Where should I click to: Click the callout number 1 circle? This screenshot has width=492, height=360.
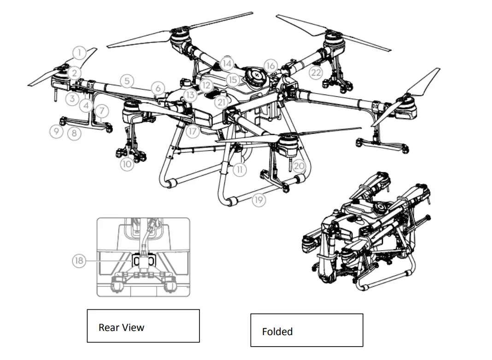pyautogui.click(x=80, y=53)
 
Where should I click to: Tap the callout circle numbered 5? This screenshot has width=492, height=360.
pyautogui.click(x=128, y=81)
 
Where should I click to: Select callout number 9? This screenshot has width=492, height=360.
pyautogui.click(x=56, y=131)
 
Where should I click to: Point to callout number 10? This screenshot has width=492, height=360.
pyautogui.click(x=128, y=164)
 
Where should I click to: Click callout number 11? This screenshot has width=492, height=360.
pyautogui.click(x=239, y=170)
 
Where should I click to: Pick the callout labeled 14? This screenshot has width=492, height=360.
pyautogui.click(x=227, y=63)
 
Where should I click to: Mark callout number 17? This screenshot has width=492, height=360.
pyautogui.click(x=193, y=131)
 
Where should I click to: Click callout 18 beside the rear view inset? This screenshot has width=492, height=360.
pyautogui.click(x=79, y=261)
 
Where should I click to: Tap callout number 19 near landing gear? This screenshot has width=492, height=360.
pyautogui.click(x=259, y=200)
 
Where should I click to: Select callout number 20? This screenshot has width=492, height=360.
pyautogui.click(x=299, y=165)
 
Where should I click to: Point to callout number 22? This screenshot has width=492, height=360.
pyautogui.click(x=316, y=72)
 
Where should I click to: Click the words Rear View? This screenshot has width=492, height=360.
pyautogui.click(x=121, y=328)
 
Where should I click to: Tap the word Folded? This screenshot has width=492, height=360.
pyautogui.click(x=277, y=331)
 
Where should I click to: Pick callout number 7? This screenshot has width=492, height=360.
pyautogui.click(x=102, y=111)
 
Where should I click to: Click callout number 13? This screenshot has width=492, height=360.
pyautogui.click(x=190, y=95)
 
